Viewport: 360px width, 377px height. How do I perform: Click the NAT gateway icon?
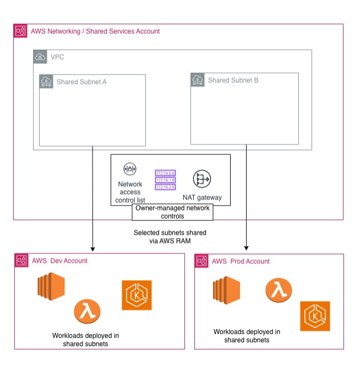202,179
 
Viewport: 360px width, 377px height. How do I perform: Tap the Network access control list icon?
130,169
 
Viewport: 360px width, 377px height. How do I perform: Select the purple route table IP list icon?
165,180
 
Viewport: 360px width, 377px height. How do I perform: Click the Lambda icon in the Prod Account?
279,289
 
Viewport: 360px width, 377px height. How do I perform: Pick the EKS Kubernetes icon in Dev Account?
137,295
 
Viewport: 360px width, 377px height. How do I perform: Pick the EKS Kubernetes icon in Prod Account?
315,316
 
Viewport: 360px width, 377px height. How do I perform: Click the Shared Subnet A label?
81,82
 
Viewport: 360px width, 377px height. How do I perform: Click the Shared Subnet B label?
233,80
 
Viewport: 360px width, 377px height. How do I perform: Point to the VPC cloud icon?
40,57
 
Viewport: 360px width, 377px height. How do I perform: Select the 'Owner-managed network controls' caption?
173,212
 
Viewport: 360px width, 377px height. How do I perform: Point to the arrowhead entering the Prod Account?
246,248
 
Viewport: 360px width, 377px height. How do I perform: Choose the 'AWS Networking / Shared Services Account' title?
95,31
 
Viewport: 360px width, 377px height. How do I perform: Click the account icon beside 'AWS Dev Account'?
21,261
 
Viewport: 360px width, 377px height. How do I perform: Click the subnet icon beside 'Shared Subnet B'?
198,80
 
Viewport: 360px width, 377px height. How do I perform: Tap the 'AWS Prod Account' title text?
241,261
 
